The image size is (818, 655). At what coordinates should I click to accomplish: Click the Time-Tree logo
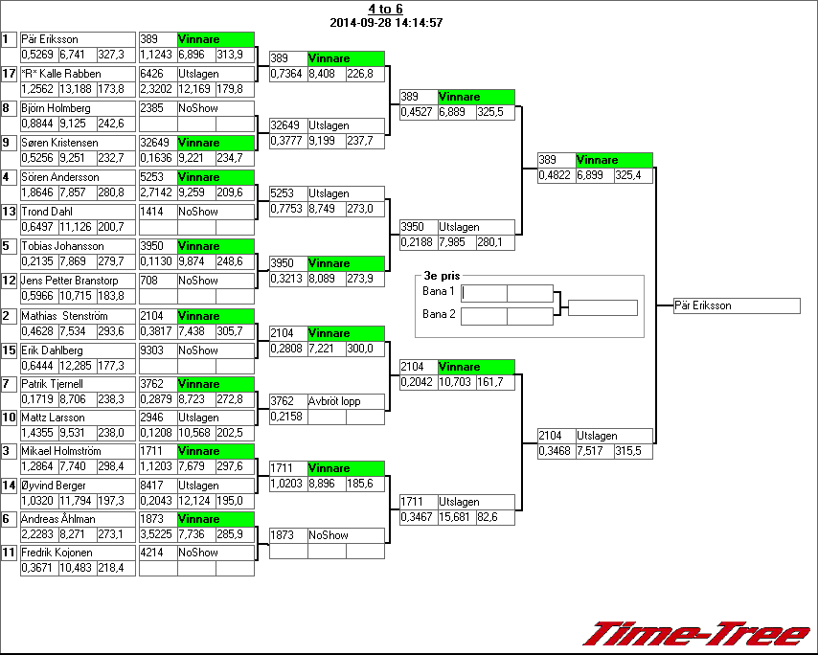coord(697,634)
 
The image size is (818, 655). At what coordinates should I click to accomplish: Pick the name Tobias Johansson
coord(63,246)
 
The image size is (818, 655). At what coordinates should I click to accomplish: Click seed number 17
coord(10,74)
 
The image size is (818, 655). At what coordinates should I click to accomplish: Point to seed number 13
coord(10,212)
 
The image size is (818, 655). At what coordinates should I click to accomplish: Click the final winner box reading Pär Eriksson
coord(736,305)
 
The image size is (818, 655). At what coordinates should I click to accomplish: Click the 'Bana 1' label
coord(438,290)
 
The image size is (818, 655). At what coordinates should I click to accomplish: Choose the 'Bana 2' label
coord(438,313)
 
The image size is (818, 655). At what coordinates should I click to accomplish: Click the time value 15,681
coord(454,517)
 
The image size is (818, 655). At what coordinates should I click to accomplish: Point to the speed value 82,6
coord(493,517)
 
